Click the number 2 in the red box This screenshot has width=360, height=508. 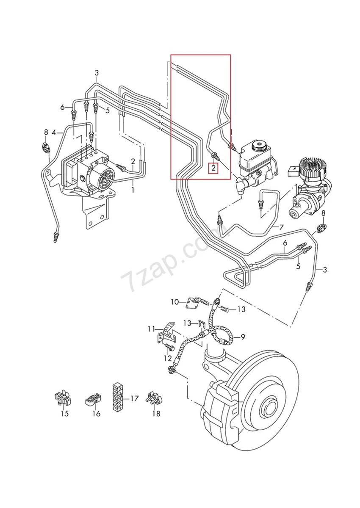(x=214, y=168)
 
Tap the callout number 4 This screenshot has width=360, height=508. (x=54, y=133)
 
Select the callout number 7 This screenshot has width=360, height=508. (x=281, y=227)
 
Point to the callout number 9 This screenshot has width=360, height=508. (x=243, y=337)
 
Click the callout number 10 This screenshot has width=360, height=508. (x=174, y=302)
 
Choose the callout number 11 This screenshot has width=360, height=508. (x=151, y=329)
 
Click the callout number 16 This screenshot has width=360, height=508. (x=96, y=414)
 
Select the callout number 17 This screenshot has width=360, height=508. (x=134, y=398)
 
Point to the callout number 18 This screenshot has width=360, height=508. (x=156, y=414)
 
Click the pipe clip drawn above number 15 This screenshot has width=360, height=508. (x=63, y=398)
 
